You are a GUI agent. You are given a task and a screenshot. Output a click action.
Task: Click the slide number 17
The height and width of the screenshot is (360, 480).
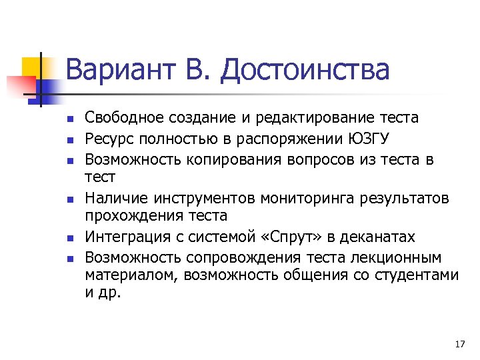[x=458, y=343]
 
